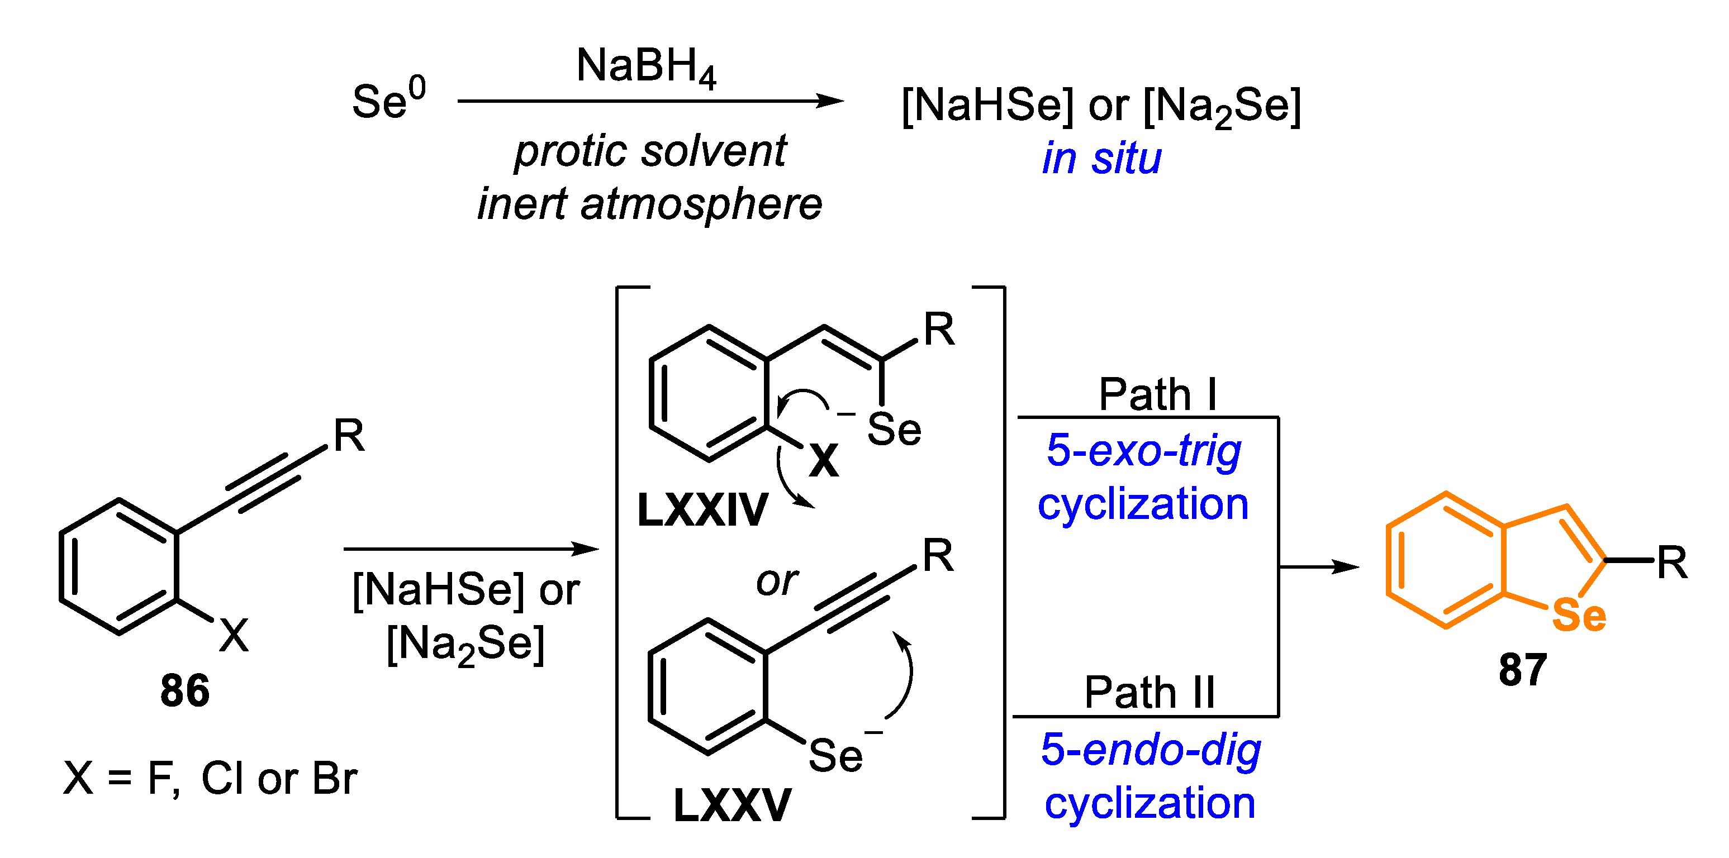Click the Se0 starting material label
(388, 101)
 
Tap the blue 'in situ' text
(1101, 159)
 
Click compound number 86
(184, 690)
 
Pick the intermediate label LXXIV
(702, 510)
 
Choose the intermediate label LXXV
(732, 804)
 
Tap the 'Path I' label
(1157, 394)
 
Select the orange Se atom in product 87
(1579, 615)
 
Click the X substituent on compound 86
(234, 635)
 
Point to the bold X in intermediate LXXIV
(824, 461)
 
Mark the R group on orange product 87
(1671, 562)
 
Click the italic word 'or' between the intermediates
(777, 581)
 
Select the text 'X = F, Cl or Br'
(210, 778)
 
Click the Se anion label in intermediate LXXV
(835, 755)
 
